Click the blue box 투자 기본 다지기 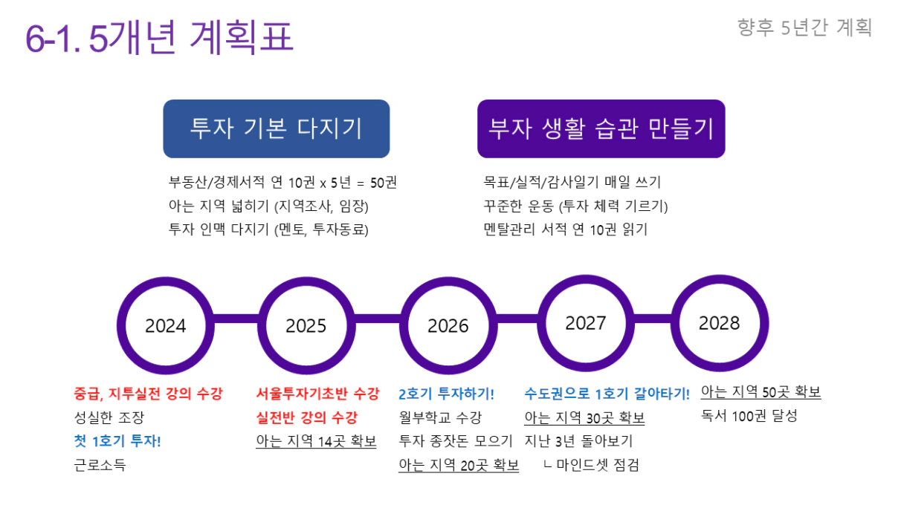(x=277, y=128)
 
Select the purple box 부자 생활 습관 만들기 (x=601, y=128)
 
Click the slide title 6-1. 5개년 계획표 (x=159, y=37)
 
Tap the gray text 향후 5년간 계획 (x=804, y=27)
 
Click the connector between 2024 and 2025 (x=236, y=319)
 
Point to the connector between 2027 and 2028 (x=653, y=319)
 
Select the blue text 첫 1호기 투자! (x=117, y=441)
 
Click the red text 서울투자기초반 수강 (x=318, y=394)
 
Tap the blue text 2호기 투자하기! (x=446, y=394)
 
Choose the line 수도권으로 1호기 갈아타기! (x=607, y=394)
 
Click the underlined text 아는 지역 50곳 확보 (x=761, y=392)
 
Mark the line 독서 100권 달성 (x=749, y=416)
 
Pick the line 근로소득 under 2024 (x=100, y=465)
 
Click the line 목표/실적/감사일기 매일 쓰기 (x=572, y=182)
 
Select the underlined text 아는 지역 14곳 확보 (x=317, y=441)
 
